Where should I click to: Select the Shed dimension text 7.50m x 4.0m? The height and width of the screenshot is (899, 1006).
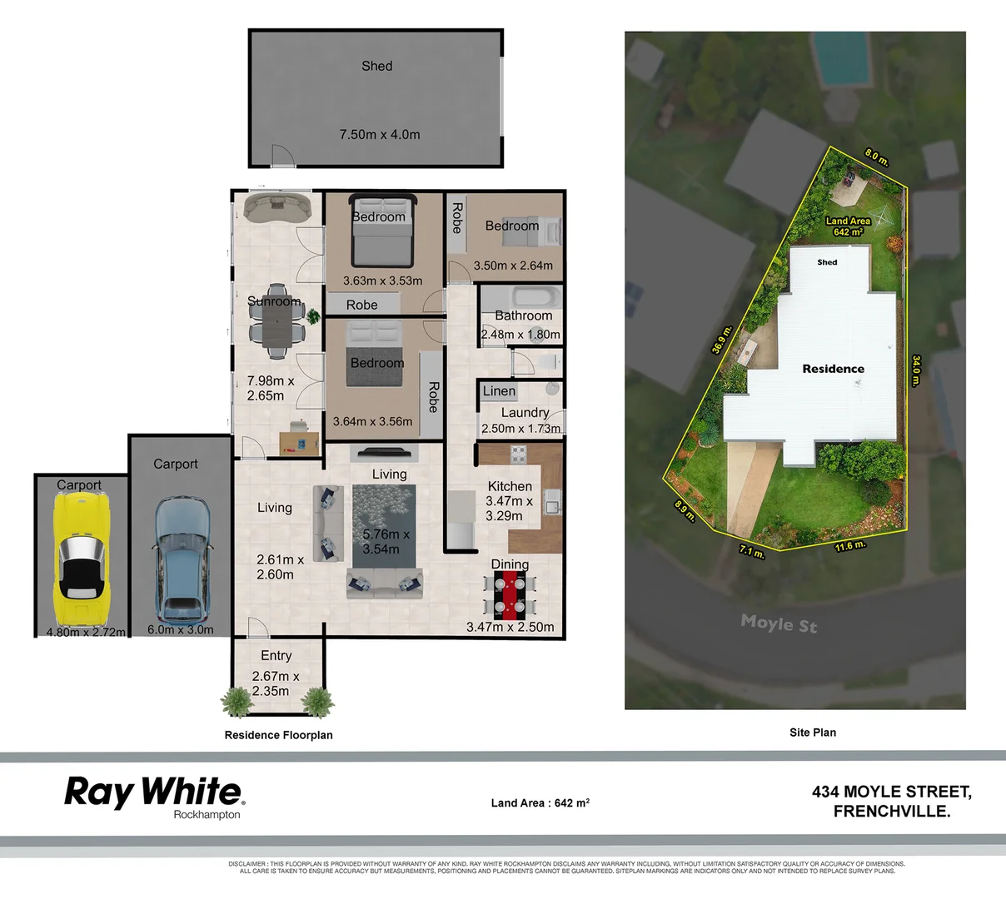tap(380, 134)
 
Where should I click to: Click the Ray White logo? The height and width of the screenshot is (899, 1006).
tap(153, 795)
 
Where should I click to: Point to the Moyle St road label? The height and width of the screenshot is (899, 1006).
tap(779, 623)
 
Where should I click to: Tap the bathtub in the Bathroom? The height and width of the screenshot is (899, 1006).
tap(523, 298)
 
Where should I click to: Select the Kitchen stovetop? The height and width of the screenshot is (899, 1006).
tap(518, 454)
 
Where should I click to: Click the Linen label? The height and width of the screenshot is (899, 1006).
tap(499, 391)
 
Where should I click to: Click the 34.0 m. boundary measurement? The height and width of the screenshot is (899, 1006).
tap(916, 370)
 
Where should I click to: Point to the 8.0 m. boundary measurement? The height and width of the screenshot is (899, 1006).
tap(876, 156)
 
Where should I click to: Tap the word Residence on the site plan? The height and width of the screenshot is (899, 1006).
tap(833, 369)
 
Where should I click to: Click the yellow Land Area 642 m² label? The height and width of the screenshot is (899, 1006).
tap(848, 226)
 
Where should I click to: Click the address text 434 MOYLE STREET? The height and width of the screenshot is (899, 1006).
tap(891, 792)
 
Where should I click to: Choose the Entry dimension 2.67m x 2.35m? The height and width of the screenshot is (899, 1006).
tap(276, 683)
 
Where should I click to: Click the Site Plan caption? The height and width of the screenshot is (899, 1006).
tap(812, 733)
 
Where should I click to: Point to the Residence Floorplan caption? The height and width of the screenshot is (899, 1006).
tap(278, 735)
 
